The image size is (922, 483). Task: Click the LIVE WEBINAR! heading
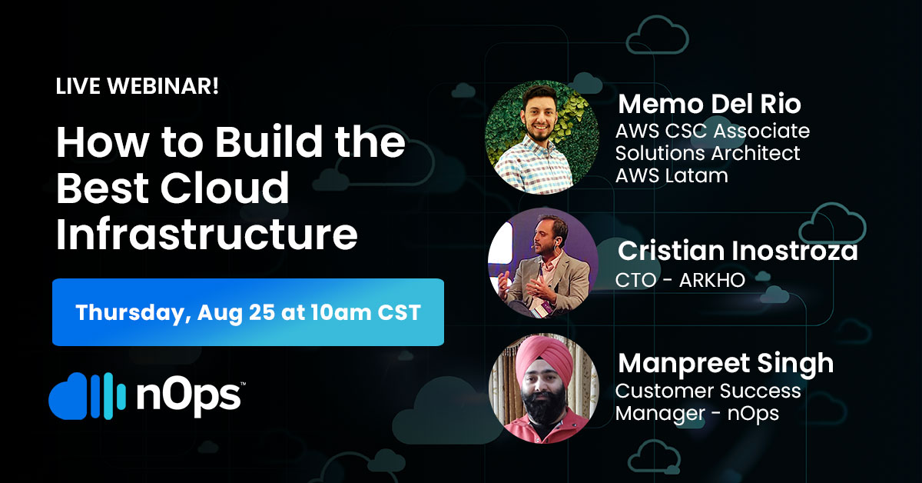(x=137, y=86)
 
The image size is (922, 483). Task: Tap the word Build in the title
(x=269, y=141)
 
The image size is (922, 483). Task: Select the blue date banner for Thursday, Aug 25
(x=247, y=312)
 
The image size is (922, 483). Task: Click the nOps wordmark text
(x=188, y=396)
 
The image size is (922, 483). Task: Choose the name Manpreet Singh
(x=726, y=365)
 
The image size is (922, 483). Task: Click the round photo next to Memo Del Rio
(x=542, y=137)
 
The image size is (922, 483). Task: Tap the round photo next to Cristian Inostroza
(x=543, y=263)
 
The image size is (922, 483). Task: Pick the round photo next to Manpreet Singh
(x=544, y=388)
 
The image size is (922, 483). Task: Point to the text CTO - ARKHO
(x=680, y=280)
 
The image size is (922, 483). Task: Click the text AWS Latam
(x=672, y=175)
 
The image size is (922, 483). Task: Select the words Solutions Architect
(x=708, y=153)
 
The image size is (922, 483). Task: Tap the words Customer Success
(x=708, y=391)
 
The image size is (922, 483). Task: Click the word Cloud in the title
(x=224, y=187)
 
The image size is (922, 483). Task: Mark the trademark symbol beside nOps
(x=243, y=384)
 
